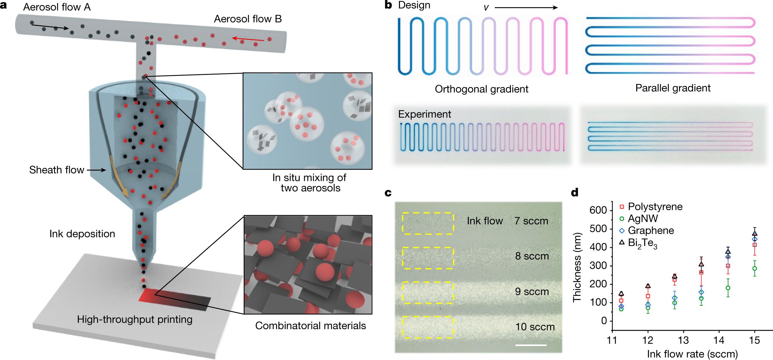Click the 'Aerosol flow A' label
click(x=57, y=7)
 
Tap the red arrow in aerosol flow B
click(x=248, y=39)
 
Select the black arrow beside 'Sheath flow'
click(x=96, y=170)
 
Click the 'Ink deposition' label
click(x=82, y=234)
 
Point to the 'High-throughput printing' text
click(x=135, y=319)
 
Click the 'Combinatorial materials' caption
click(x=311, y=326)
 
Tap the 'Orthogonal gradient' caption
click(x=481, y=89)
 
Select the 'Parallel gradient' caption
click(x=673, y=88)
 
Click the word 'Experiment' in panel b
click(x=424, y=114)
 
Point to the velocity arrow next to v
click(x=526, y=8)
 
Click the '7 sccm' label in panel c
click(x=531, y=221)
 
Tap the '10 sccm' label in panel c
click(x=535, y=327)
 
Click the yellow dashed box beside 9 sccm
click(x=428, y=293)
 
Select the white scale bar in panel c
click(x=531, y=345)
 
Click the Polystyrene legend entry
click(x=651, y=207)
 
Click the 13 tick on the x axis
click(x=683, y=340)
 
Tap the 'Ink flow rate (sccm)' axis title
click(x=692, y=354)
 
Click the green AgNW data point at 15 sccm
click(x=755, y=268)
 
